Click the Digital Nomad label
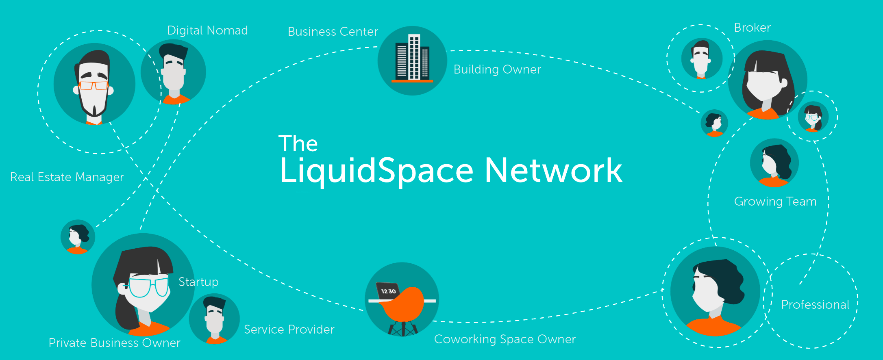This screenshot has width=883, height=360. click(207, 30)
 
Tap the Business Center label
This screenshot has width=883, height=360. click(333, 32)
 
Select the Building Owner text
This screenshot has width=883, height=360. click(497, 69)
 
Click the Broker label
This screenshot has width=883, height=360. click(752, 28)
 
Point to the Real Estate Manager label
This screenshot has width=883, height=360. click(67, 177)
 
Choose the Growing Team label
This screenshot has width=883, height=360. click(775, 202)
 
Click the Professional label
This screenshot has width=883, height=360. click(815, 305)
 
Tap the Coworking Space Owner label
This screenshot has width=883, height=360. click(505, 339)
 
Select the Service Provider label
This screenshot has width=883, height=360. click(289, 330)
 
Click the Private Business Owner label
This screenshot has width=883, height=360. click(114, 343)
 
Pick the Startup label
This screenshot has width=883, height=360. click(198, 282)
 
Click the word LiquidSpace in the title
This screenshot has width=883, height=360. click(376, 171)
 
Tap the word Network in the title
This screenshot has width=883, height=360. click(553, 171)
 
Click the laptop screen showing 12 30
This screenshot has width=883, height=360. click(388, 291)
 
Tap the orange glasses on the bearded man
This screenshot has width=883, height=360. click(94, 85)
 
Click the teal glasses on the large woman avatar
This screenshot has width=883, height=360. click(148, 287)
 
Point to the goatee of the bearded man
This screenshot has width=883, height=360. click(94, 111)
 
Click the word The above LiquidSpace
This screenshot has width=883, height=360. click(298, 144)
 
